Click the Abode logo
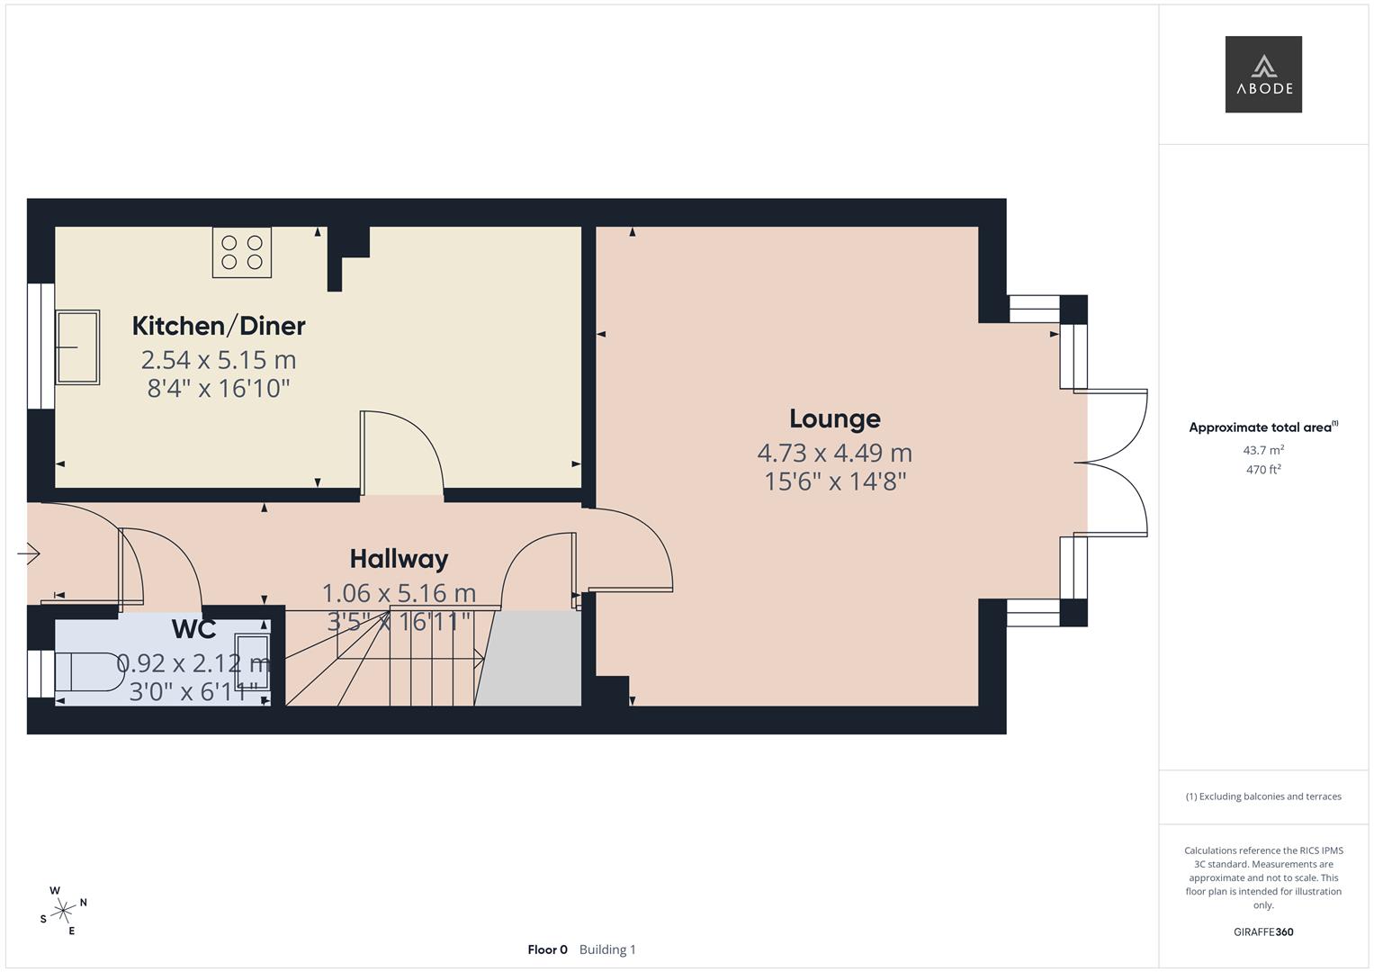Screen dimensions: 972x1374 tap(1262, 74)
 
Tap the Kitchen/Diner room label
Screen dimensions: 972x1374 tap(219, 326)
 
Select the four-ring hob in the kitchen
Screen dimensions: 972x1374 tap(242, 252)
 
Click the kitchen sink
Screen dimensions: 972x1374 tap(78, 347)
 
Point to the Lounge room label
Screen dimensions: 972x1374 tap(834, 418)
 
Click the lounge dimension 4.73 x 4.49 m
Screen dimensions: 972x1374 tap(834, 453)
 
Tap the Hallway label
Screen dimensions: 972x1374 tap(399, 559)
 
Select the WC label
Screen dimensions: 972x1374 tap(193, 627)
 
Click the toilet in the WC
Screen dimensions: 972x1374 tap(90, 671)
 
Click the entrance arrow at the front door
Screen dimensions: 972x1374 tap(29, 553)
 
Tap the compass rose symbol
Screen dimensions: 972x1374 tap(63, 911)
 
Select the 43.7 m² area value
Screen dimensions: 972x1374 tap(1262, 450)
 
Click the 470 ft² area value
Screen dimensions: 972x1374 tap(1262, 470)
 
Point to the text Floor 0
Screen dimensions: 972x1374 tap(547, 949)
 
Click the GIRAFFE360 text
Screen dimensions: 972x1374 tap(1262, 931)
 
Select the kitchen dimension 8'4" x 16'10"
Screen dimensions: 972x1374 tap(219, 389)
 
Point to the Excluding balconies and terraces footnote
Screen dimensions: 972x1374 tap(1262, 796)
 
